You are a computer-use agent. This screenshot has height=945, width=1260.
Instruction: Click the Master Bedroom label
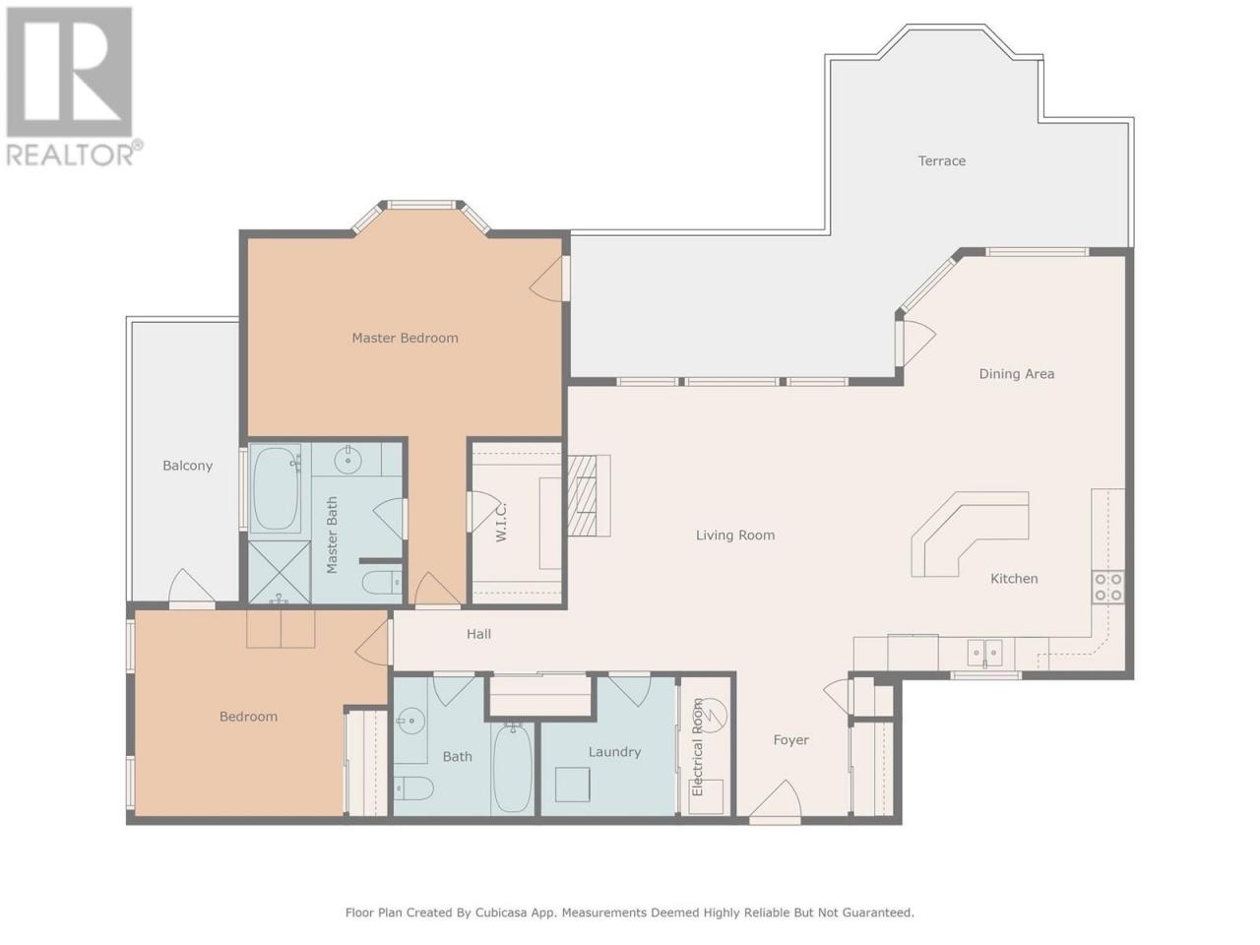click(405, 338)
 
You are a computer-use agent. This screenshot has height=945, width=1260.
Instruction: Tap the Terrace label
click(941, 160)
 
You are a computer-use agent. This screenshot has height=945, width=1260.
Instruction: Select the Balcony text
click(187, 466)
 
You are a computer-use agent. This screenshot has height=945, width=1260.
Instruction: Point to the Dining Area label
click(1016, 374)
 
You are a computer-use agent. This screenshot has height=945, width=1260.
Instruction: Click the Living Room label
click(734, 535)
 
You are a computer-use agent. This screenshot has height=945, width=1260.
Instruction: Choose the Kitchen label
click(1014, 579)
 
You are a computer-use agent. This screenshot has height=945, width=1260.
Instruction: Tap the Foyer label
click(790, 740)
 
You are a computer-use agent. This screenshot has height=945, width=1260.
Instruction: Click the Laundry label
click(614, 752)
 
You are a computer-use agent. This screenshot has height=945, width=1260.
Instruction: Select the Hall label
click(478, 634)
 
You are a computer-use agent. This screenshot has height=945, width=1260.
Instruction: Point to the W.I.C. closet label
click(501, 522)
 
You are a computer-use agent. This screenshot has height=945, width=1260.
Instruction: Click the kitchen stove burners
click(1107, 587)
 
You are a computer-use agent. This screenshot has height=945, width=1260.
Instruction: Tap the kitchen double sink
click(984, 653)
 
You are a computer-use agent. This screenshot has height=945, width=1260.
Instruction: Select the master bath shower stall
click(279, 572)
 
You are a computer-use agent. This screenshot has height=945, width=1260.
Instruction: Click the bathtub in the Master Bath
click(276, 488)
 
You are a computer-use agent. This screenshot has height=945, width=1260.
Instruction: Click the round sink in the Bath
click(410, 722)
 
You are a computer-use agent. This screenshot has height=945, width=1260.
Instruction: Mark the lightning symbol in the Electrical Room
click(713, 716)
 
